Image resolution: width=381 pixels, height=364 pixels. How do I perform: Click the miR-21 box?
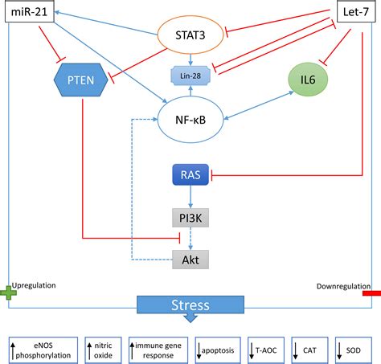tap(30, 11)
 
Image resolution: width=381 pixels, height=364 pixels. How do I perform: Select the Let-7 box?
tap(356, 11)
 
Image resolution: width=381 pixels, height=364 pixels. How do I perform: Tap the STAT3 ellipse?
tap(190, 35)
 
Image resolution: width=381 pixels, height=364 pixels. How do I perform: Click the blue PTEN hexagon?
tap(81, 80)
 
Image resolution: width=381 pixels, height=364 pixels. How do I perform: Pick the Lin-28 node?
tap(190, 76)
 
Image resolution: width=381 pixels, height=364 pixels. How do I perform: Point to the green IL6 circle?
tap(308, 80)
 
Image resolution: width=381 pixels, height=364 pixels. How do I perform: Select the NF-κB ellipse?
tap(190, 120)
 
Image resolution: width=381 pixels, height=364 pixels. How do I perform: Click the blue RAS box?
tap(190, 174)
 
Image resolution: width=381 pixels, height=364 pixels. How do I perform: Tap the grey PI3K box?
tap(190, 218)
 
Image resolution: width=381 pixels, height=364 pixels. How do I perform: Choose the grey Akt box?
tap(190, 260)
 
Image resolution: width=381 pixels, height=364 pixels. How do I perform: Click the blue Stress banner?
tap(190, 305)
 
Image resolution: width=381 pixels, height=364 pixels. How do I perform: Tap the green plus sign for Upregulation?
tap(8, 292)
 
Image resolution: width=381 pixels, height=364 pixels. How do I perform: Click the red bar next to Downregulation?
tap(371, 293)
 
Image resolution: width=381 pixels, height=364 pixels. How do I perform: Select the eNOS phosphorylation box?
tap(43, 350)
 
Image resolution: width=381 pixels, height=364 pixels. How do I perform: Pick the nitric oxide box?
tap(103, 350)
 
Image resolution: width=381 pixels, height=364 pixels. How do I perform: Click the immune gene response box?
tap(158, 350)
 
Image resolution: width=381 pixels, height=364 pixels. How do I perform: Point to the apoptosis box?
tap(218, 350)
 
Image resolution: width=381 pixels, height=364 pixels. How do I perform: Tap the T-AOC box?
tap(266, 350)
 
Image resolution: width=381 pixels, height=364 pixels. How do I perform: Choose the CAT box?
tap(309, 350)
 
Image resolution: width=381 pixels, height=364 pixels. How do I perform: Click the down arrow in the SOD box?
tap(339, 351)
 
